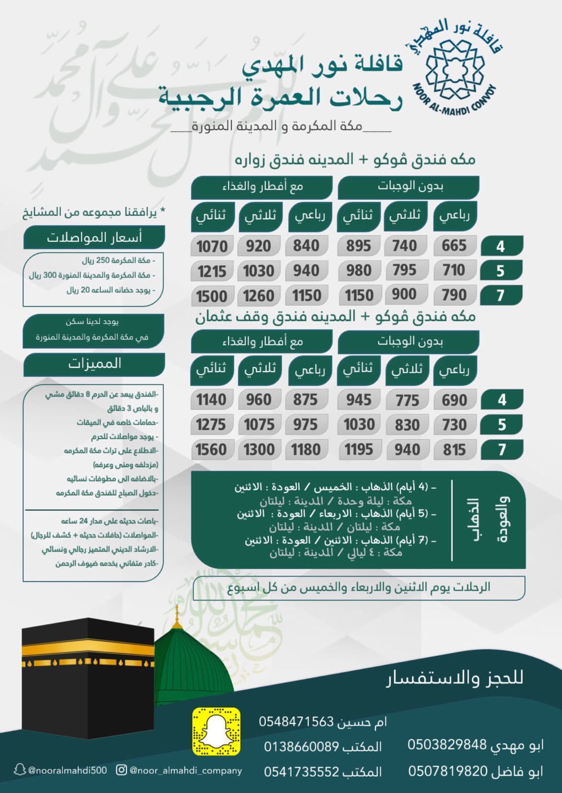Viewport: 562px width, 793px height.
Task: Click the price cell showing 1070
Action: [212, 246]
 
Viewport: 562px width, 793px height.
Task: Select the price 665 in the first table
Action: [454, 246]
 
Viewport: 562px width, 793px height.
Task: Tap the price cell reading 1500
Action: [212, 296]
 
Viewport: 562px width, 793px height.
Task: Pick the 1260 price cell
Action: [258, 296]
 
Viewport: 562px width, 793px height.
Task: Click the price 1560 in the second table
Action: [211, 450]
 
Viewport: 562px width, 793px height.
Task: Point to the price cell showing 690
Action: [454, 400]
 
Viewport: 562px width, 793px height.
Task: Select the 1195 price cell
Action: [359, 450]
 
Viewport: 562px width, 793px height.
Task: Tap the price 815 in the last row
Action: [454, 450]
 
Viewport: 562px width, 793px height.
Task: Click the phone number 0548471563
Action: [296, 722]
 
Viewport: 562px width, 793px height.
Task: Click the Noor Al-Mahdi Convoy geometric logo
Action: [454, 70]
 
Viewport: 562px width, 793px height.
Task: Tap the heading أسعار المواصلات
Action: [94, 238]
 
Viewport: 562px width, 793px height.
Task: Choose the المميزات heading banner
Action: [94, 364]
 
